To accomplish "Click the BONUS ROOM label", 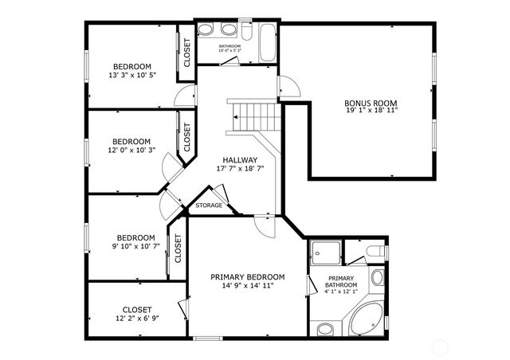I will pyautogui.click(x=371, y=102).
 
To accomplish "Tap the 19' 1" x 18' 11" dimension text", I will pyautogui.click(x=371, y=111).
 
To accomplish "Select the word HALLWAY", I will pyautogui.click(x=240, y=159).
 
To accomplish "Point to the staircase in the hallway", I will pyautogui.click(x=254, y=117).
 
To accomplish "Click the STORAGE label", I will pyautogui.click(x=210, y=205).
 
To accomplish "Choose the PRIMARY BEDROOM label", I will pyautogui.click(x=247, y=277).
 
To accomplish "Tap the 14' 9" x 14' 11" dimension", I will pyautogui.click(x=247, y=286).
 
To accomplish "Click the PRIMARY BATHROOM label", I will pyautogui.click(x=341, y=281).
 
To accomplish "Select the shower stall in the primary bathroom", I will pyautogui.click(x=325, y=252).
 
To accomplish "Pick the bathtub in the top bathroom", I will pyautogui.click(x=266, y=41).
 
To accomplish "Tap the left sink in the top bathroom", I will pyautogui.click(x=206, y=31).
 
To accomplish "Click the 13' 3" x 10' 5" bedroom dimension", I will pyautogui.click(x=131, y=75).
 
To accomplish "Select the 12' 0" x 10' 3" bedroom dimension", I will pyautogui.click(x=131, y=150).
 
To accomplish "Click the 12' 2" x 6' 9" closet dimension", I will pyautogui.click(x=137, y=319).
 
